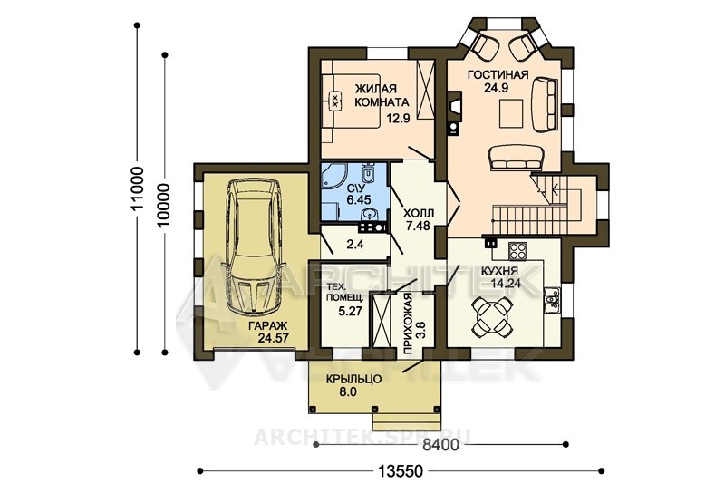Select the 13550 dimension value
[x=401, y=471]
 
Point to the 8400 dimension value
[x=440, y=445]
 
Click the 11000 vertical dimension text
[x=138, y=188]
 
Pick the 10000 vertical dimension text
[x=164, y=205]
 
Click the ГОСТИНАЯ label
[x=498, y=75]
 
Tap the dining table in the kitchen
[x=492, y=316]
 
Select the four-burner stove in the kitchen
[x=517, y=250]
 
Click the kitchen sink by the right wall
[x=552, y=301]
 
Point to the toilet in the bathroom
[x=368, y=173]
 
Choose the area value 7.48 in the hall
[x=418, y=226]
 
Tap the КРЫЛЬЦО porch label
[x=353, y=380]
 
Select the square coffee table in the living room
[x=511, y=113]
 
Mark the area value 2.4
[x=355, y=244]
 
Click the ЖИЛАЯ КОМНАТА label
[x=382, y=95]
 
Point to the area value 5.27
[x=350, y=311]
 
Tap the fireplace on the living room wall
[x=455, y=107]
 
